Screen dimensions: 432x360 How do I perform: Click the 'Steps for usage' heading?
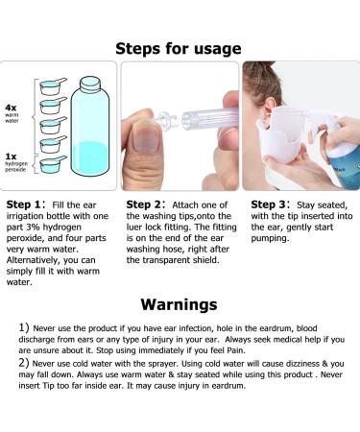click(180, 47)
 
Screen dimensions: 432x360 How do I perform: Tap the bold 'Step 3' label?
click(269, 204)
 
